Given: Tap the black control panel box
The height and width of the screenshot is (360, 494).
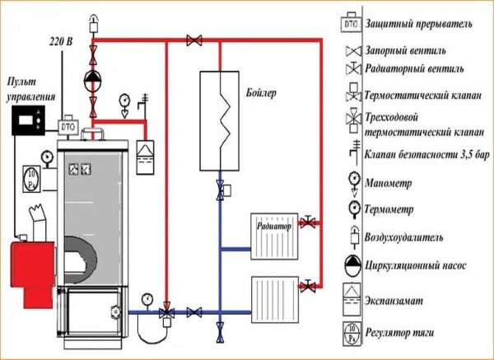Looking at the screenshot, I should click(30, 121).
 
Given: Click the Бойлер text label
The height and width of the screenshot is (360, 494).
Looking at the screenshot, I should click(259, 92).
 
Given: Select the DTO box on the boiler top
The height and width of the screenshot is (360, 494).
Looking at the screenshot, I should click(67, 129).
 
